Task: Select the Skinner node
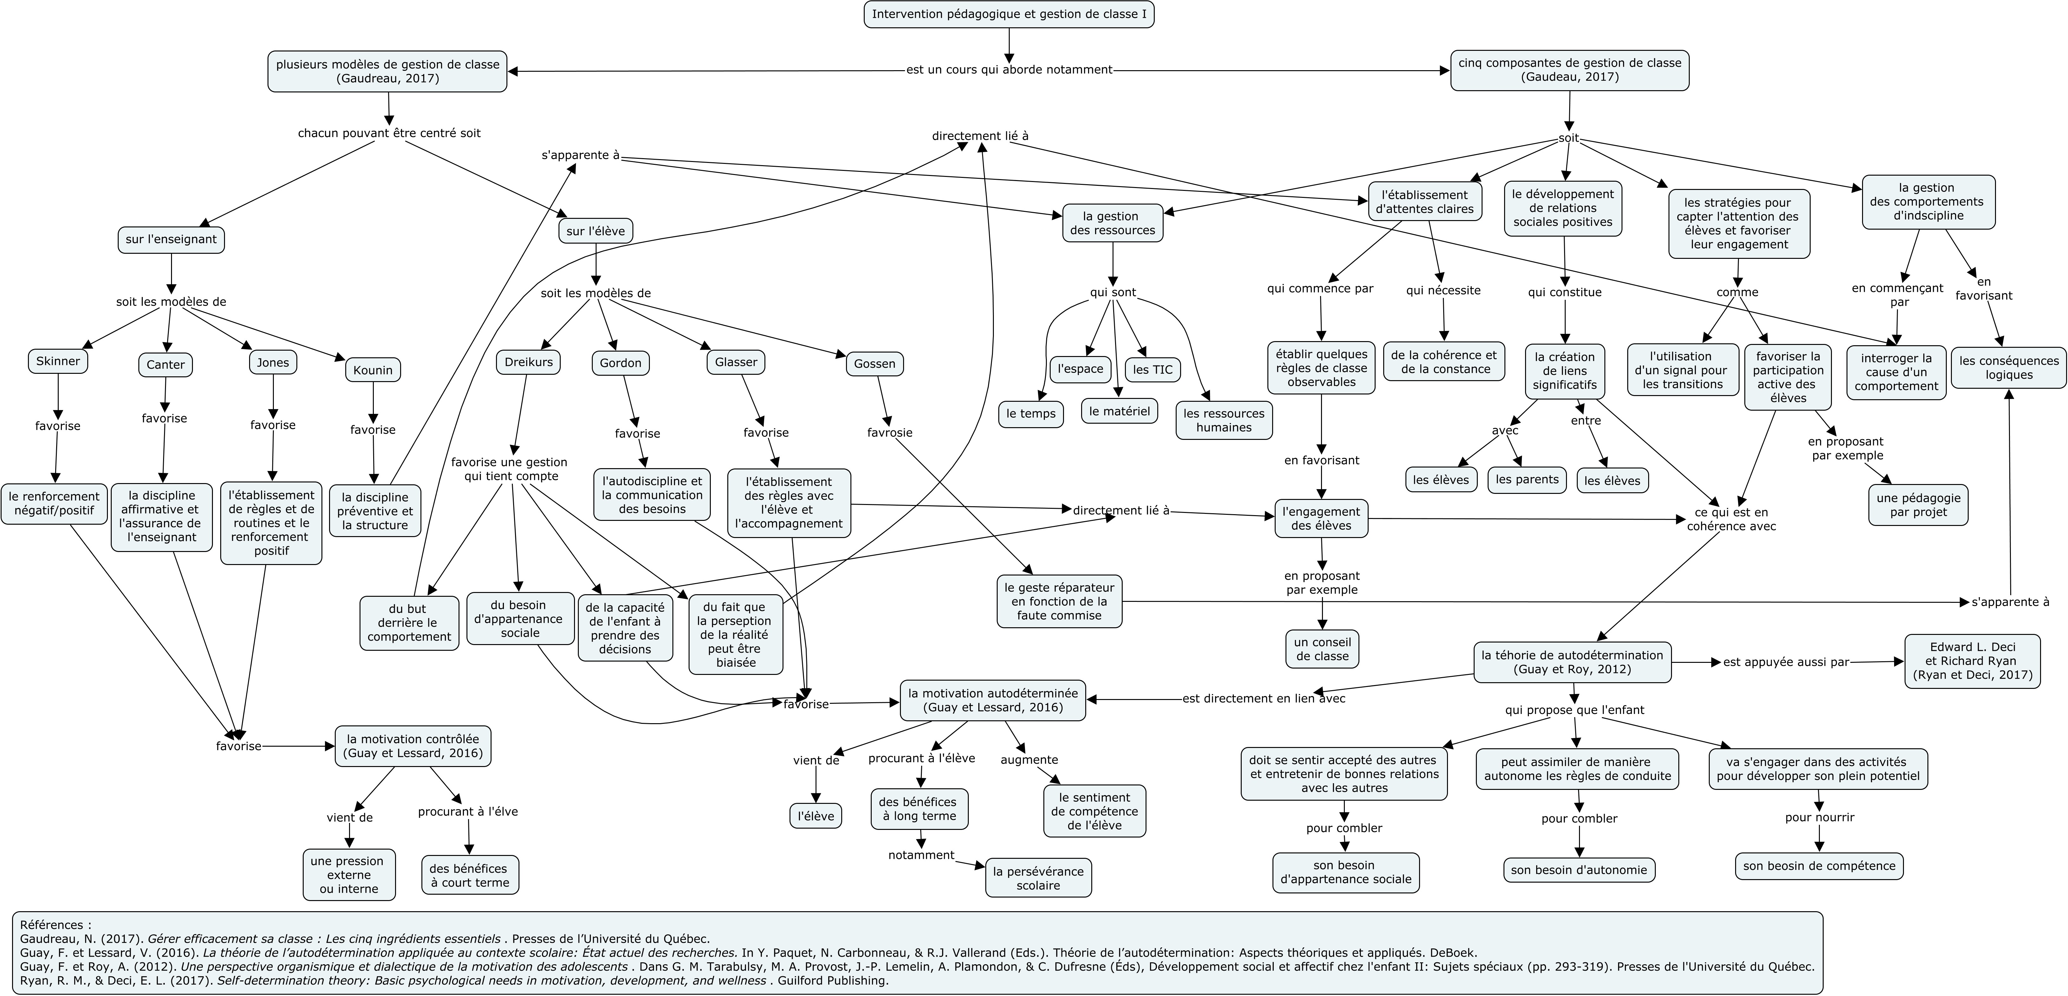(x=58, y=361)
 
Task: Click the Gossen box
(x=874, y=364)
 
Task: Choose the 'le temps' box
(x=1031, y=414)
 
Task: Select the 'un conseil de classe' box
(x=1322, y=649)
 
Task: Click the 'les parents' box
(x=1527, y=480)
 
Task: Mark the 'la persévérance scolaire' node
(x=1038, y=878)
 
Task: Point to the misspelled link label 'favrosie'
(x=889, y=433)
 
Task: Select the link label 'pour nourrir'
(x=1819, y=818)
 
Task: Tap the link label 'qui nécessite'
(x=1443, y=291)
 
